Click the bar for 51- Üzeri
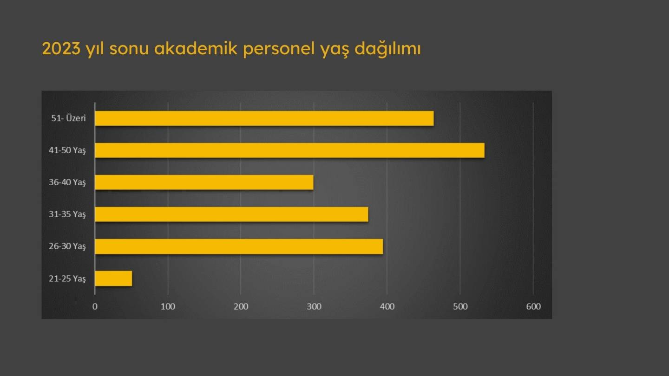[264, 118]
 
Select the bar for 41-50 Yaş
[290, 150]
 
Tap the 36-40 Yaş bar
[204, 182]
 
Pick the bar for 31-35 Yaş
[231, 214]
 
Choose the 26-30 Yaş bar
[239, 246]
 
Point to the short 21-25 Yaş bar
[113, 279]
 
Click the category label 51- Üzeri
[68, 118]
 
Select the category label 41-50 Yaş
[67, 150]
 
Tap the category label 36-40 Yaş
[67, 182]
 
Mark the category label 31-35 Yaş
[67, 214]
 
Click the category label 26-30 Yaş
[67, 246]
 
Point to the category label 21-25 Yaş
[67, 279]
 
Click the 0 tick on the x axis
[95, 306]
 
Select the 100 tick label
[168, 306]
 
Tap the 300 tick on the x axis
[314, 306]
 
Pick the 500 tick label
[460, 306]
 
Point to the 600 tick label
[533, 306]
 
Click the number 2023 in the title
[61, 49]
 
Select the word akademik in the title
[196, 48]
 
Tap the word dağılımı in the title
[387, 49]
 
